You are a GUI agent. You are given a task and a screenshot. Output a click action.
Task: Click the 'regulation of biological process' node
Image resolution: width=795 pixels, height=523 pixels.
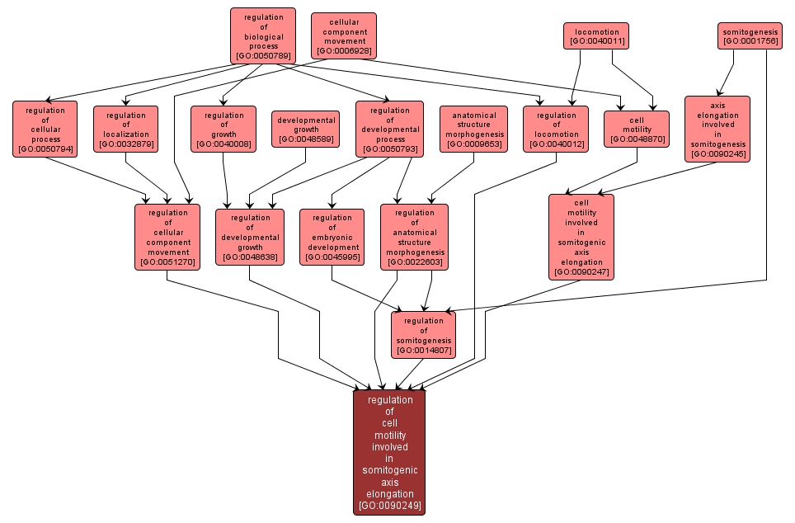[263, 36]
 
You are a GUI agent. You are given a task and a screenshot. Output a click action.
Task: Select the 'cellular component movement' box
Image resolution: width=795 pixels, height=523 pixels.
[344, 35]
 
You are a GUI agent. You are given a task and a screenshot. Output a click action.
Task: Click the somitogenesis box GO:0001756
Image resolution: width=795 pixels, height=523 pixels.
[749, 35]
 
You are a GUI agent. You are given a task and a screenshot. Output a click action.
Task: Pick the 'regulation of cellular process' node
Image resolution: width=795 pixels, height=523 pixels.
[45, 129]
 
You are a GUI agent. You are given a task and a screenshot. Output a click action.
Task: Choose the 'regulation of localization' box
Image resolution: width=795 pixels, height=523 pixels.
[125, 129]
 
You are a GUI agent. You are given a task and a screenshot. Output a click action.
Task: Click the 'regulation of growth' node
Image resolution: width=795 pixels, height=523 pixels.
[223, 129]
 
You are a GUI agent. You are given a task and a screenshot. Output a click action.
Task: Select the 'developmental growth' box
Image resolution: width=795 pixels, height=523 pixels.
[306, 129]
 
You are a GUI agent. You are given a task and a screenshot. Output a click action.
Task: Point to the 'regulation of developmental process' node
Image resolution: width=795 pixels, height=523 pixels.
[389, 129]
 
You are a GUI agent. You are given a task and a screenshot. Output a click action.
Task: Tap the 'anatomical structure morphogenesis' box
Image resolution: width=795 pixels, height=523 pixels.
[473, 129]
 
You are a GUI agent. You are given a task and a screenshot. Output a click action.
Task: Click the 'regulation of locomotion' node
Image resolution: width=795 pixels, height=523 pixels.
[556, 129]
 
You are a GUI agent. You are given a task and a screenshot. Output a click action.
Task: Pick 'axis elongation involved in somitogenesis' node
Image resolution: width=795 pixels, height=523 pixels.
[717, 129]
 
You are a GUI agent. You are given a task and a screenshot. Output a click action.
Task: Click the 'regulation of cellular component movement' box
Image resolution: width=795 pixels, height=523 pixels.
[167, 237]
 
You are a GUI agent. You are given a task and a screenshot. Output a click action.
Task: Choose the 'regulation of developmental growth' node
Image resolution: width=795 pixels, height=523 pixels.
[250, 237]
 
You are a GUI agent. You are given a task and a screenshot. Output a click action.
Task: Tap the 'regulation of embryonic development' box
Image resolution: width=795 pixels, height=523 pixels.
[332, 237]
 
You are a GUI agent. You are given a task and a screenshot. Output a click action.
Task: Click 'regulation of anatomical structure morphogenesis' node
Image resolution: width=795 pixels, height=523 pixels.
[414, 237]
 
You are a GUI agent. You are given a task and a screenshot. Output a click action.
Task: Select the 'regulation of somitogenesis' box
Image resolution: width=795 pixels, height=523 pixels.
[423, 335]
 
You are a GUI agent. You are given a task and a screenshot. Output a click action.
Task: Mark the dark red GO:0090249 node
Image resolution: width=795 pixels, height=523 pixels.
[389, 452]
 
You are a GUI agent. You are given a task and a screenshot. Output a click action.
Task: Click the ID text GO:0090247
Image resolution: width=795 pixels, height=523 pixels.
[581, 272]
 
